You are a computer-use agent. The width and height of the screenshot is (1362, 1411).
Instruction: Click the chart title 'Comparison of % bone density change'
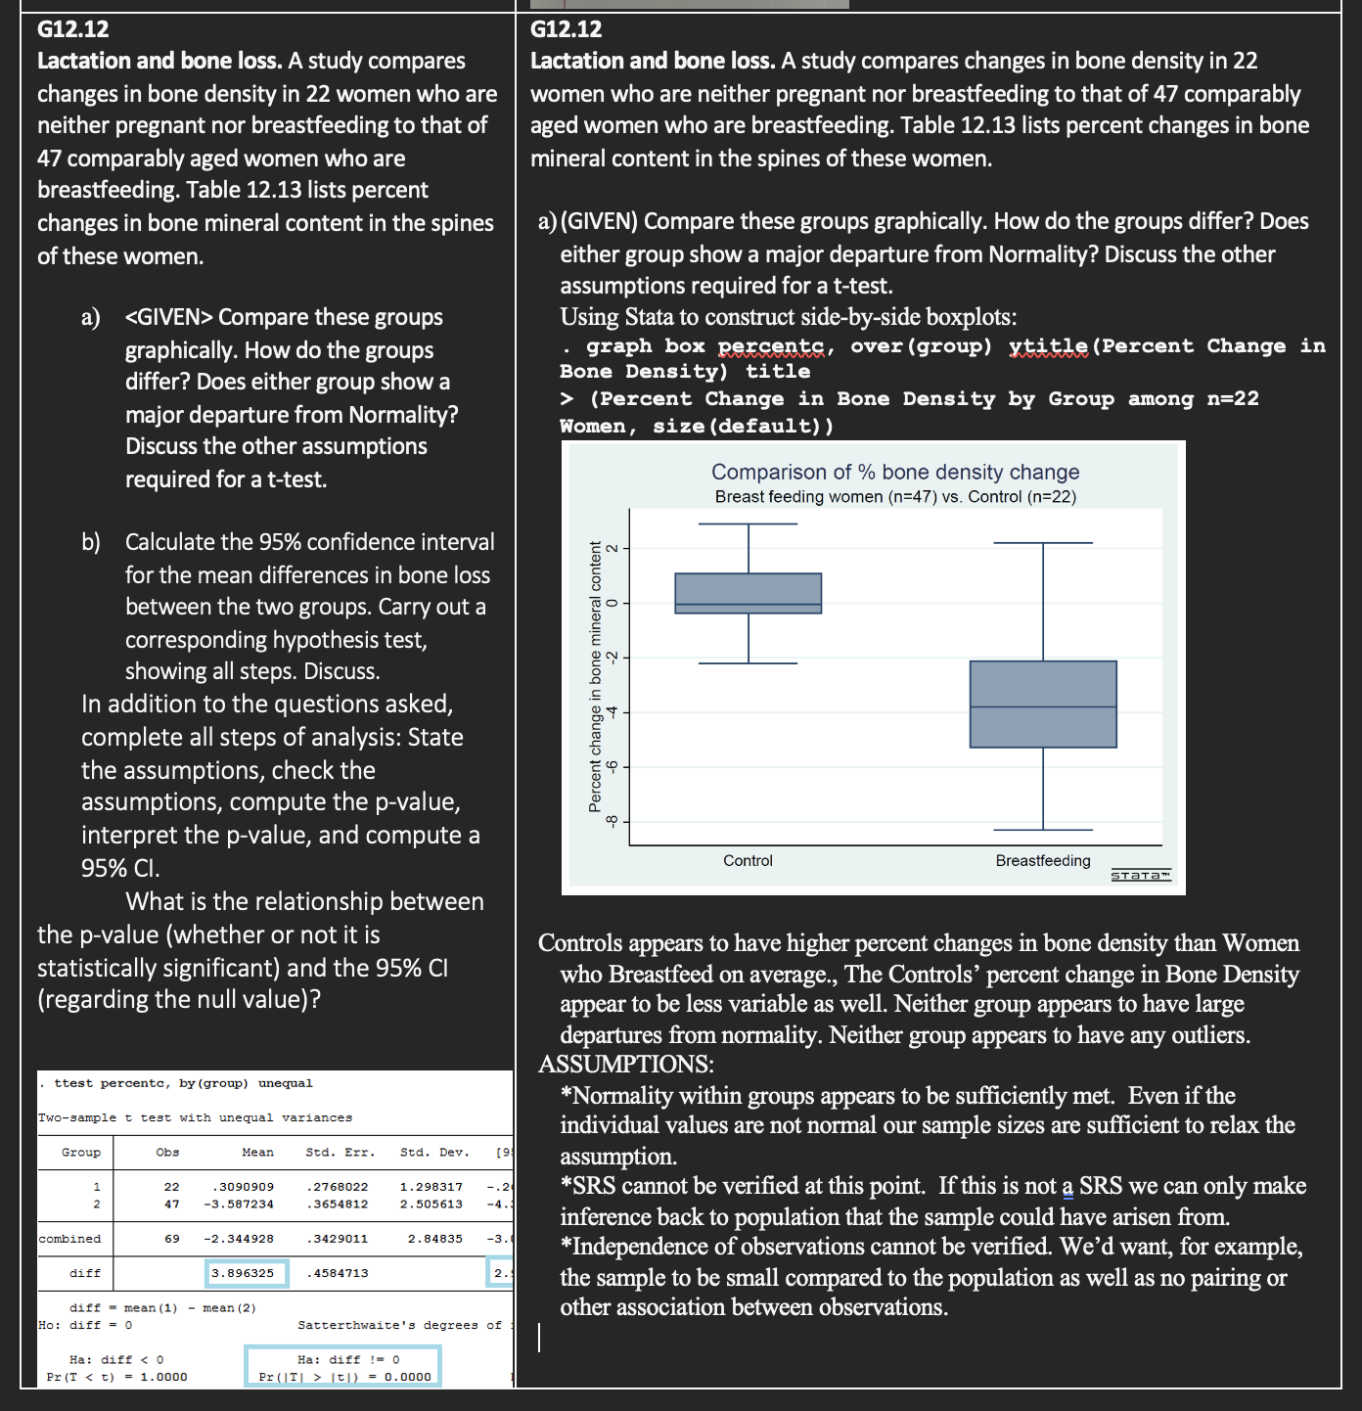click(x=894, y=472)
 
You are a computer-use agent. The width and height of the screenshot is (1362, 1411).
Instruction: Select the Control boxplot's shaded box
click(x=749, y=593)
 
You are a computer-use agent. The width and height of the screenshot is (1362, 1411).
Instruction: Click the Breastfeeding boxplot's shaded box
click(x=1043, y=705)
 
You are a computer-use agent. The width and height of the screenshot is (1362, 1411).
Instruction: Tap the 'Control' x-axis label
click(x=748, y=861)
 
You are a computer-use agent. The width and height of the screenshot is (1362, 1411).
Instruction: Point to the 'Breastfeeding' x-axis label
click(x=1043, y=861)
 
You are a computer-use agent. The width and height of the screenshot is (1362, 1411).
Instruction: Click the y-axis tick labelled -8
click(x=612, y=821)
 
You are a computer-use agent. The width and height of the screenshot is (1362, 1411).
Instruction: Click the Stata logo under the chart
click(x=1141, y=875)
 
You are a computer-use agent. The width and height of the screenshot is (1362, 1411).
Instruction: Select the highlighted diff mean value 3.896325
click(x=248, y=1273)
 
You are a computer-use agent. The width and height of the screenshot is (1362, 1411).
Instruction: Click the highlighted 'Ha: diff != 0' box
click(x=343, y=1367)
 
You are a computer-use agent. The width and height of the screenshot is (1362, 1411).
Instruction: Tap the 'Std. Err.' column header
click(x=340, y=1153)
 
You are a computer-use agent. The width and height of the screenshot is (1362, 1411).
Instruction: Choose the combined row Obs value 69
click(x=172, y=1239)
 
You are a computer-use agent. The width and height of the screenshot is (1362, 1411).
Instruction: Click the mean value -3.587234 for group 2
click(x=239, y=1205)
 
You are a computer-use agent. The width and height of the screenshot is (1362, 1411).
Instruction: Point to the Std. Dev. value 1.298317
click(x=431, y=1187)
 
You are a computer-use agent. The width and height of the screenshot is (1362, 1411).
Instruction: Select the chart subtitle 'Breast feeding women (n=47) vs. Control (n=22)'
click(x=894, y=497)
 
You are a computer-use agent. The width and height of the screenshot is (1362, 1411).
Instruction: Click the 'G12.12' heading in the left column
click(x=73, y=29)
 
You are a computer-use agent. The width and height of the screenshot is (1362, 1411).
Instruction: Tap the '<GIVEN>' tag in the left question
click(x=169, y=317)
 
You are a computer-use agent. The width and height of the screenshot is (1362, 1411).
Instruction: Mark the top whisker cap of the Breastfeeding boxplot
click(x=1043, y=542)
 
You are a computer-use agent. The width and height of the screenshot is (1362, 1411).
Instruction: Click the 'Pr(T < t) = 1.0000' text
click(x=117, y=1377)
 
